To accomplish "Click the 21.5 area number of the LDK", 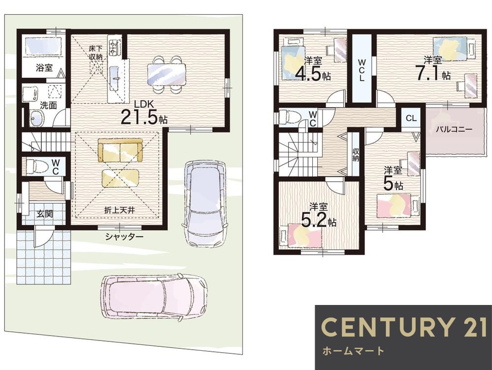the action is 138,117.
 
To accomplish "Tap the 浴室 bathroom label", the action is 44,67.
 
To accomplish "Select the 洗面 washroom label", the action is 48,105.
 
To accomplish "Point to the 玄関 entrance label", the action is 44,214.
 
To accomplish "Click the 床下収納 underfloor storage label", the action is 96,53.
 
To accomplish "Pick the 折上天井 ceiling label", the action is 119,210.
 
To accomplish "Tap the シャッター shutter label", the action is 124,236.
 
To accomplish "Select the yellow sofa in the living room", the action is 120,150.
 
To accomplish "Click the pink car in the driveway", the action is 154,298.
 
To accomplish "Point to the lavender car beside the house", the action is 204,203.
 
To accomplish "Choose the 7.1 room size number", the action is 428,73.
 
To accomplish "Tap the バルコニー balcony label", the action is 454,129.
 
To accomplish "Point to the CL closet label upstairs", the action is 411,118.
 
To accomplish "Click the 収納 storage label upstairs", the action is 356,155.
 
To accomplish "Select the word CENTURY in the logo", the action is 387,327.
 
